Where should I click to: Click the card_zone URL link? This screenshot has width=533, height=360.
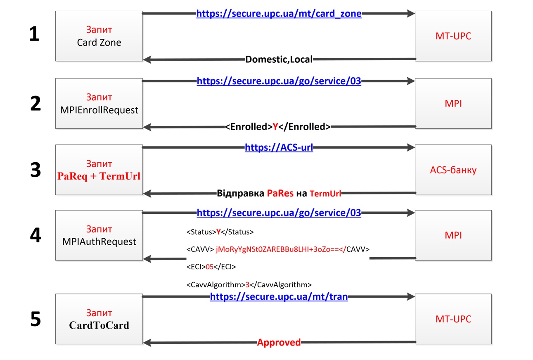pos(279,14)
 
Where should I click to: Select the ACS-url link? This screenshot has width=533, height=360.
pos(279,147)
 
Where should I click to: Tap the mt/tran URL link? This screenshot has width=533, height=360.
pos(279,297)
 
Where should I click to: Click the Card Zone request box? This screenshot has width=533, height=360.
pos(99,36)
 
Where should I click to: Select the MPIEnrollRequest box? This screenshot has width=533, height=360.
pos(99,104)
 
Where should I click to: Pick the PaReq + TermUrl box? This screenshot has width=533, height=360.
pos(99,170)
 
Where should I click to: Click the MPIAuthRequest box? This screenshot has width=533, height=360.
pos(99,235)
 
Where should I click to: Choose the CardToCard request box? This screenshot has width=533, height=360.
pos(99,319)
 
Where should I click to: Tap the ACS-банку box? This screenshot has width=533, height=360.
pos(453,170)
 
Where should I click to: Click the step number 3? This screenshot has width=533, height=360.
pos(36,170)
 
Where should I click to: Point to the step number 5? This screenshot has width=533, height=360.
pos(36,319)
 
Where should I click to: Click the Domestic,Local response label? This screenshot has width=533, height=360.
pos(279,59)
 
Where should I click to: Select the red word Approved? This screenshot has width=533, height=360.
pos(279,342)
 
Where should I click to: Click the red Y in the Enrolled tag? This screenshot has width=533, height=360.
pos(275,127)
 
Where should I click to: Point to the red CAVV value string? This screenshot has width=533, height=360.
pos(281,249)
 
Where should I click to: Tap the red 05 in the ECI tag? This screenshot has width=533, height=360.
pos(209,267)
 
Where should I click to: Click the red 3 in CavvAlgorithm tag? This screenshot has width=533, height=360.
pos(247,285)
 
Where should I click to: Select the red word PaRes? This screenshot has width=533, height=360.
pos(280,193)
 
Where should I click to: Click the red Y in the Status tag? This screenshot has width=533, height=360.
pos(218,232)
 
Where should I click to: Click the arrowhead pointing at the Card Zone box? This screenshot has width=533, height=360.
pos(147,59)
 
